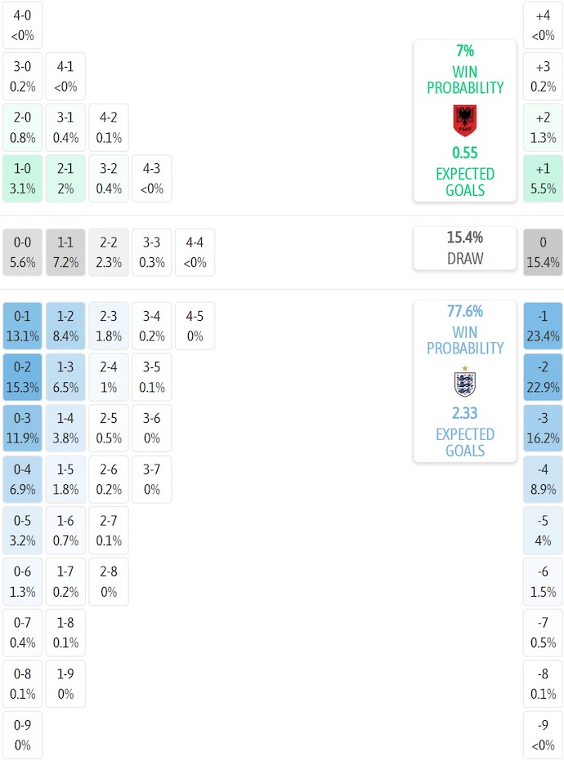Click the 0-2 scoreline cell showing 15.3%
[x=22, y=377]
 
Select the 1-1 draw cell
[x=65, y=252]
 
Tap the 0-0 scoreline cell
[x=22, y=252]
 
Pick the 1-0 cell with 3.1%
[x=22, y=179]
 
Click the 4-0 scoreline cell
[x=22, y=25]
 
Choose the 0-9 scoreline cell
[x=22, y=735]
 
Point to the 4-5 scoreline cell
[x=195, y=326]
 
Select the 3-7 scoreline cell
[x=151, y=479]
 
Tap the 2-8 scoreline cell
[x=109, y=581]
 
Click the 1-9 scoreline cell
[x=65, y=683]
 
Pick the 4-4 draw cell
[x=195, y=252]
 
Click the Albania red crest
[x=464, y=121]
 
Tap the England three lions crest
[x=464, y=382]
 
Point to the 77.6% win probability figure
[x=464, y=311]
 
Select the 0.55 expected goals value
[x=464, y=153]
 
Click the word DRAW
[x=464, y=259]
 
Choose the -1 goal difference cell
[x=543, y=326]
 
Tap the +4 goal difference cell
[x=543, y=25]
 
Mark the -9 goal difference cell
[x=543, y=735]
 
